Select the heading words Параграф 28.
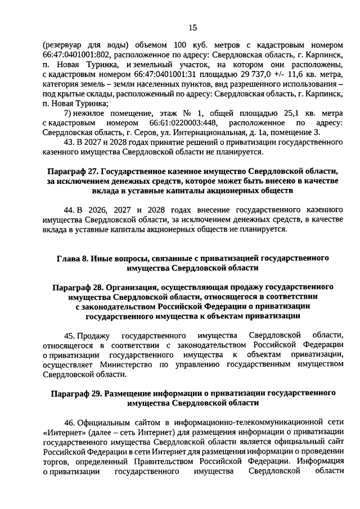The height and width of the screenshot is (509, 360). pyautogui.click(x=76, y=288)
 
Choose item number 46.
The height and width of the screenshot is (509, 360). pyautogui.click(x=70, y=422)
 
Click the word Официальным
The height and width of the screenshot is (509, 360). pyautogui.click(x=106, y=422)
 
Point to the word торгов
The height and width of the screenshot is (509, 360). pyautogui.click(x=56, y=461)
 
